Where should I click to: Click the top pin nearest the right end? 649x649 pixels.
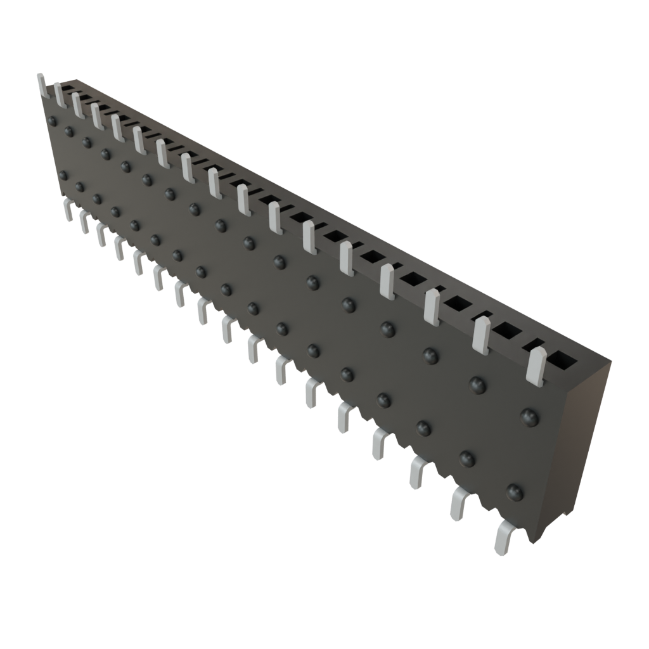(x=536, y=366)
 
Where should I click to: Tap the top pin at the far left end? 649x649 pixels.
(x=42, y=85)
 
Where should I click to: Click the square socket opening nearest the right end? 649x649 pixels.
(x=562, y=361)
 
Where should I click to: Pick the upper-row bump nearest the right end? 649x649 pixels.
(x=529, y=416)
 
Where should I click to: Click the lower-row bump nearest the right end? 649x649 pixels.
(x=515, y=492)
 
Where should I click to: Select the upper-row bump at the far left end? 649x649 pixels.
(x=53, y=120)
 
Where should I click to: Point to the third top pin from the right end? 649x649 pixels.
(x=432, y=307)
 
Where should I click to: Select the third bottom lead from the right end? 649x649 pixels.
(x=418, y=472)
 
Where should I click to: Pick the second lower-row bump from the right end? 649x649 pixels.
(x=467, y=457)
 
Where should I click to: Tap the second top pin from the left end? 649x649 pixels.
(x=60, y=94)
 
